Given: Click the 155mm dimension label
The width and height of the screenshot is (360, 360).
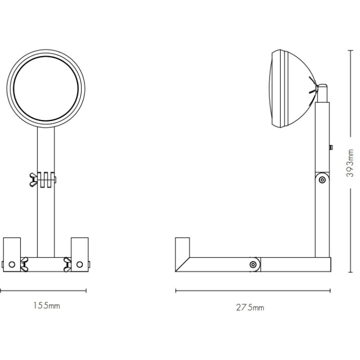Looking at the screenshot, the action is pos(47,306).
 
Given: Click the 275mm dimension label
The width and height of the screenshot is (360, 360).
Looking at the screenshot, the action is pos(250,308).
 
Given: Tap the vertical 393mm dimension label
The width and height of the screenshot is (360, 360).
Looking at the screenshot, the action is pos(350,163).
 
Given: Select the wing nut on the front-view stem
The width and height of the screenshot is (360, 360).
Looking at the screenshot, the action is pos(33,180).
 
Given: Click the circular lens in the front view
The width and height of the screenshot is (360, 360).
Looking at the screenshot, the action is pos(46,89).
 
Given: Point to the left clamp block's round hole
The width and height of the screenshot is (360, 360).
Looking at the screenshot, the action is pos(12,264).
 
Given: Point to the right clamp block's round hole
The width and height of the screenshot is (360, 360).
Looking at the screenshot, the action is pos(79,264).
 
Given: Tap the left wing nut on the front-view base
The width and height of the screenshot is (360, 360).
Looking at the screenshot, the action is pos(24,264).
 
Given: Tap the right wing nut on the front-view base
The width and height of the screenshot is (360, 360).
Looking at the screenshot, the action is pos(67,264).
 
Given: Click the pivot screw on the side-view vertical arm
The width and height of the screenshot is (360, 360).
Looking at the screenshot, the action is pos(322,180).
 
